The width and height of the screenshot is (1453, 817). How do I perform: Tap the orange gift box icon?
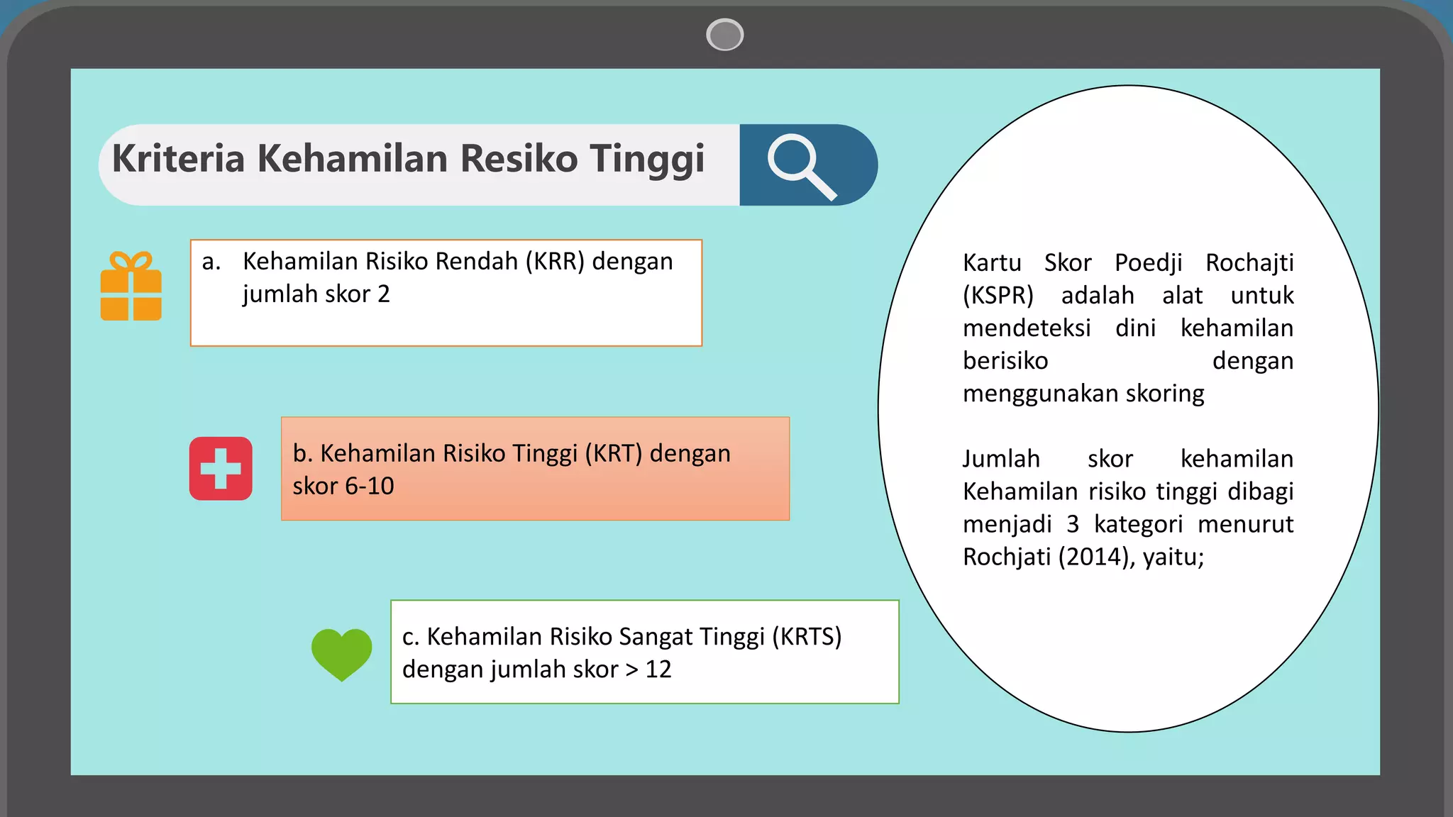[131, 287]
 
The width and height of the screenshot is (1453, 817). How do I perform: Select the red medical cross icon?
[221, 469]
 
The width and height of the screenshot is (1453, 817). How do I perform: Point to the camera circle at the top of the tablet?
[724, 35]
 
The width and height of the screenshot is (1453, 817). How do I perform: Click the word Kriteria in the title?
[178, 158]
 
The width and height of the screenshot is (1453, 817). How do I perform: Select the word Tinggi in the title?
[646, 158]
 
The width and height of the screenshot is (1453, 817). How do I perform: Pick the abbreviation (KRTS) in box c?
[806, 637]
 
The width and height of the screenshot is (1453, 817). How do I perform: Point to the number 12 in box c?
[658, 669]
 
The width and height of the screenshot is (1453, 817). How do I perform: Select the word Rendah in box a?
[476, 262]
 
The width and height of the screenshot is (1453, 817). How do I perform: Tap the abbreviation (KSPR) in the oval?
[998, 296]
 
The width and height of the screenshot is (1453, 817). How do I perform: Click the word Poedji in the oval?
[1148, 263]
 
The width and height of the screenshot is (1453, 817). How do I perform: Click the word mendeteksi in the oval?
[1026, 328]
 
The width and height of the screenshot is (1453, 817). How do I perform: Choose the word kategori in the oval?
[1137, 525]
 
